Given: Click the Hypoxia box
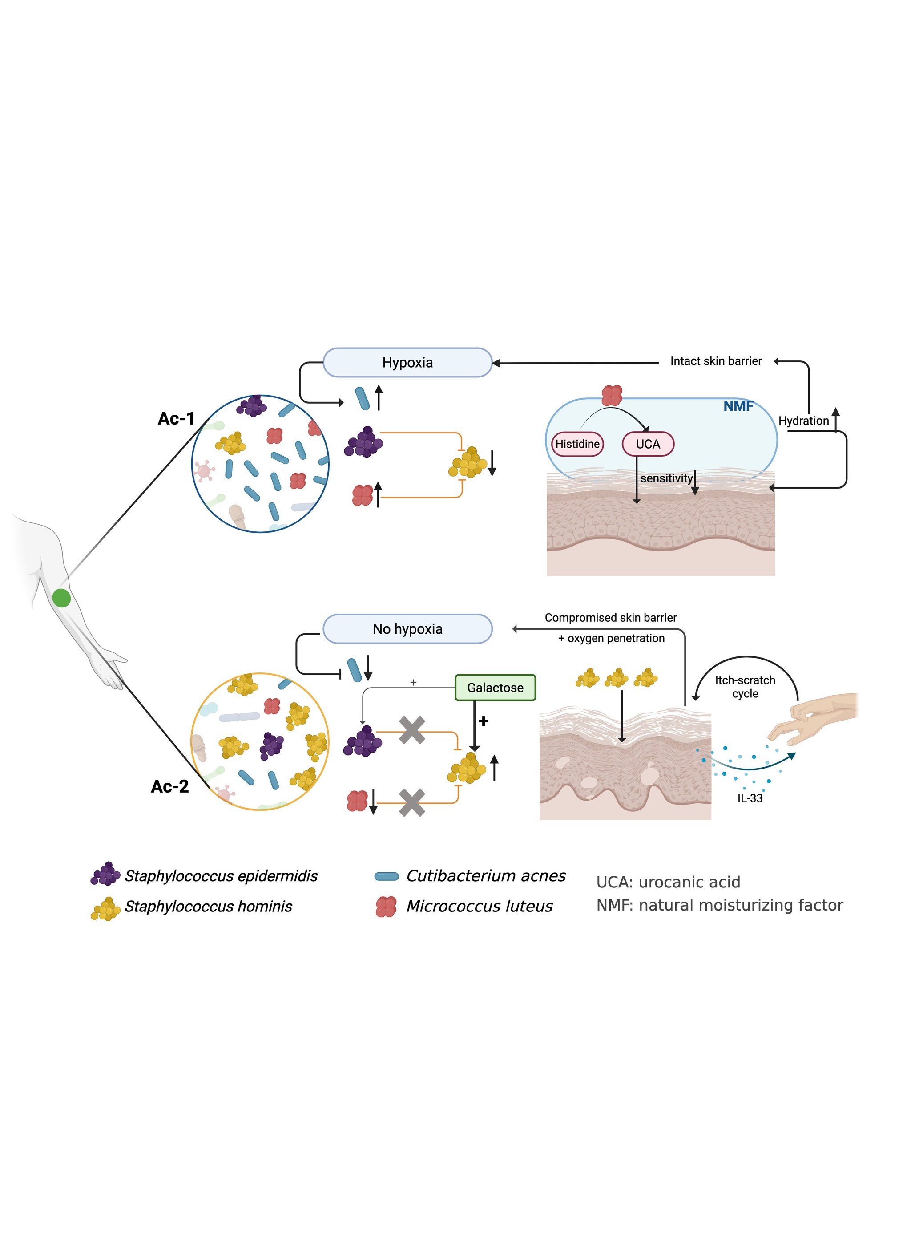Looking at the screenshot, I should [407, 363].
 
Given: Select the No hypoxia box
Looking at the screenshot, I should [407, 629].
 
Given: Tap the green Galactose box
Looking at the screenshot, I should [495, 688].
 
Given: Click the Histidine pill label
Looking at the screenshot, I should [577, 444].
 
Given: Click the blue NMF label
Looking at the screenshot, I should [738, 406].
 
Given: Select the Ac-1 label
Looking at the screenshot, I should [176, 418].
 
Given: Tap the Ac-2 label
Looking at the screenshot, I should [170, 786].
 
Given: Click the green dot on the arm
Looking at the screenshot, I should [61, 598].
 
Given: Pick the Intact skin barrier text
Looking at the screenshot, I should [715, 361].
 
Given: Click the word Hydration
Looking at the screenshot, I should [803, 421].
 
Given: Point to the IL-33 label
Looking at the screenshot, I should [750, 798].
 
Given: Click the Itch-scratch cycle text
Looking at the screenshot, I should [745, 687].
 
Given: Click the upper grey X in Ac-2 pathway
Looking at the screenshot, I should [412, 730].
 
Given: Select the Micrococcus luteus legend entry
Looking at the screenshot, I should [479, 906].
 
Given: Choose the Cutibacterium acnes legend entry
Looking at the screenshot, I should [485, 876].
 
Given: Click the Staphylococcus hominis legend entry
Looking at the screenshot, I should [208, 906].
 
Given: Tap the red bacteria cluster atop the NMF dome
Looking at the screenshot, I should [612, 395].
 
